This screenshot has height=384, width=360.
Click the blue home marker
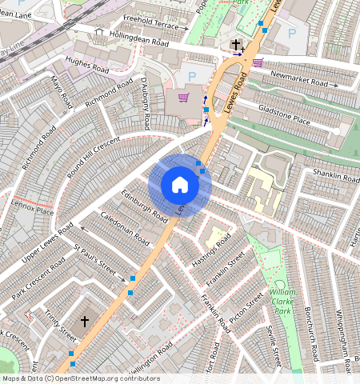click(180, 185)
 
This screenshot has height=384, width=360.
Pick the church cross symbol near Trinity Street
click(84, 321)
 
